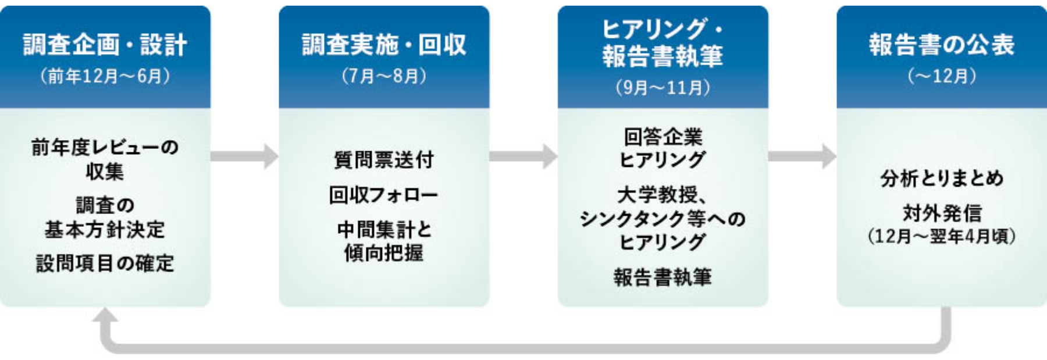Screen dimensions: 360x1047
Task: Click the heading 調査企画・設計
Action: pyautogui.click(x=105, y=45)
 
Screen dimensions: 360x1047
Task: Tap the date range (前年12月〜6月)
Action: pyautogui.click(x=105, y=76)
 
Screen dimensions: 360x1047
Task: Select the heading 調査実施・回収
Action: pyautogui.click(x=384, y=45)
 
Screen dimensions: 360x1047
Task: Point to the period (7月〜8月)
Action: pyautogui.click(x=384, y=76)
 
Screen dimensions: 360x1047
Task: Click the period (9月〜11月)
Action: pyautogui.click(x=663, y=88)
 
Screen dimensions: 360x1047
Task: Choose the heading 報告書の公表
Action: pyautogui.click(x=942, y=45)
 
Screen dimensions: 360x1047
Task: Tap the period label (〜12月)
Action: pyautogui.click(x=942, y=76)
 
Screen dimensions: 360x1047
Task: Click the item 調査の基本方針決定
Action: pyautogui.click(x=105, y=218)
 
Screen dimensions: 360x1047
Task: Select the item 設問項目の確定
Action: pyautogui.click(x=105, y=263)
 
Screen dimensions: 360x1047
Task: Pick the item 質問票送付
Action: pyautogui.click(x=384, y=160)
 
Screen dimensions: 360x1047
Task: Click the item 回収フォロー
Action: pyautogui.click(x=384, y=195)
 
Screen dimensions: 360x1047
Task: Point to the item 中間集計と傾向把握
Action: pyautogui.click(x=384, y=241)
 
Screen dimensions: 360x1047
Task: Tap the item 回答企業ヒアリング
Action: pyautogui.click(x=663, y=148)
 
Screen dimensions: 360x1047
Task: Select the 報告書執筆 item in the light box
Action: pyautogui.click(x=663, y=277)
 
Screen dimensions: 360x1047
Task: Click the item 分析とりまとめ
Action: pyautogui.click(x=942, y=179)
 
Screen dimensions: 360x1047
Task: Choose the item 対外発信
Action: pyautogui.click(x=942, y=213)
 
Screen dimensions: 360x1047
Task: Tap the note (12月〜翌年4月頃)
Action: pyautogui.click(x=942, y=237)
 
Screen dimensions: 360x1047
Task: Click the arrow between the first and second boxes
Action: pyautogui.click(x=245, y=156)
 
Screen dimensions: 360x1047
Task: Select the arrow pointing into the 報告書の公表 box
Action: pyautogui.click(x=803, y=156)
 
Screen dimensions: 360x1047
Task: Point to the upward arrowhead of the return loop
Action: pyautogui.click(x=105, y=316)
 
